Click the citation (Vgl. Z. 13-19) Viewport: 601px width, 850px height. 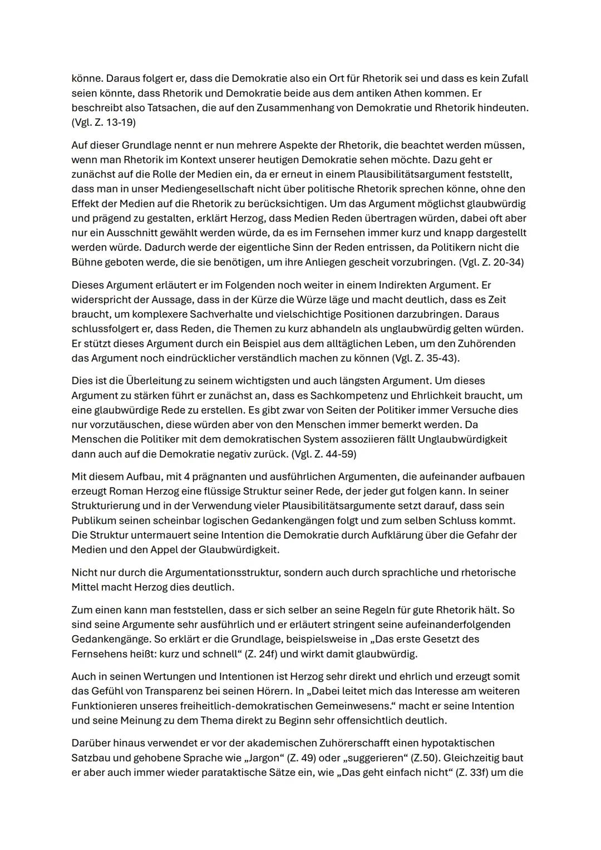103,122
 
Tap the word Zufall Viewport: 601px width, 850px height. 512,78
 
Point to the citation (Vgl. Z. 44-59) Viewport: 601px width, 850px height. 323,454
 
